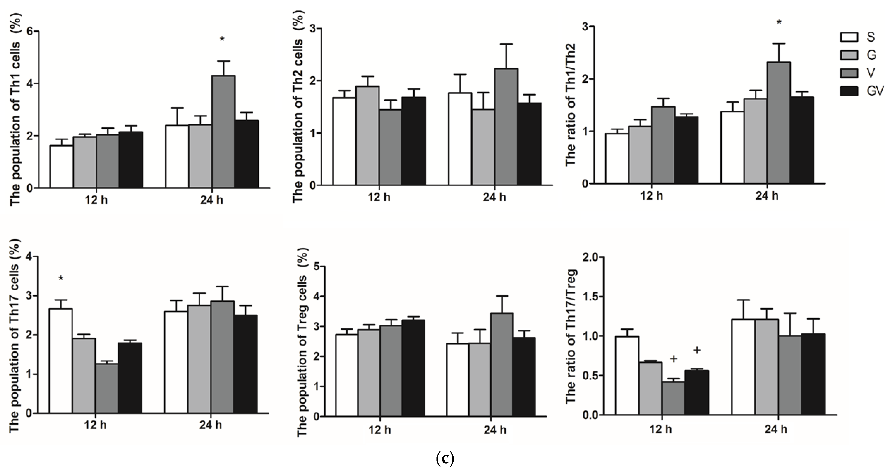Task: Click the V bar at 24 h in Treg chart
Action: (502, 365)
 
